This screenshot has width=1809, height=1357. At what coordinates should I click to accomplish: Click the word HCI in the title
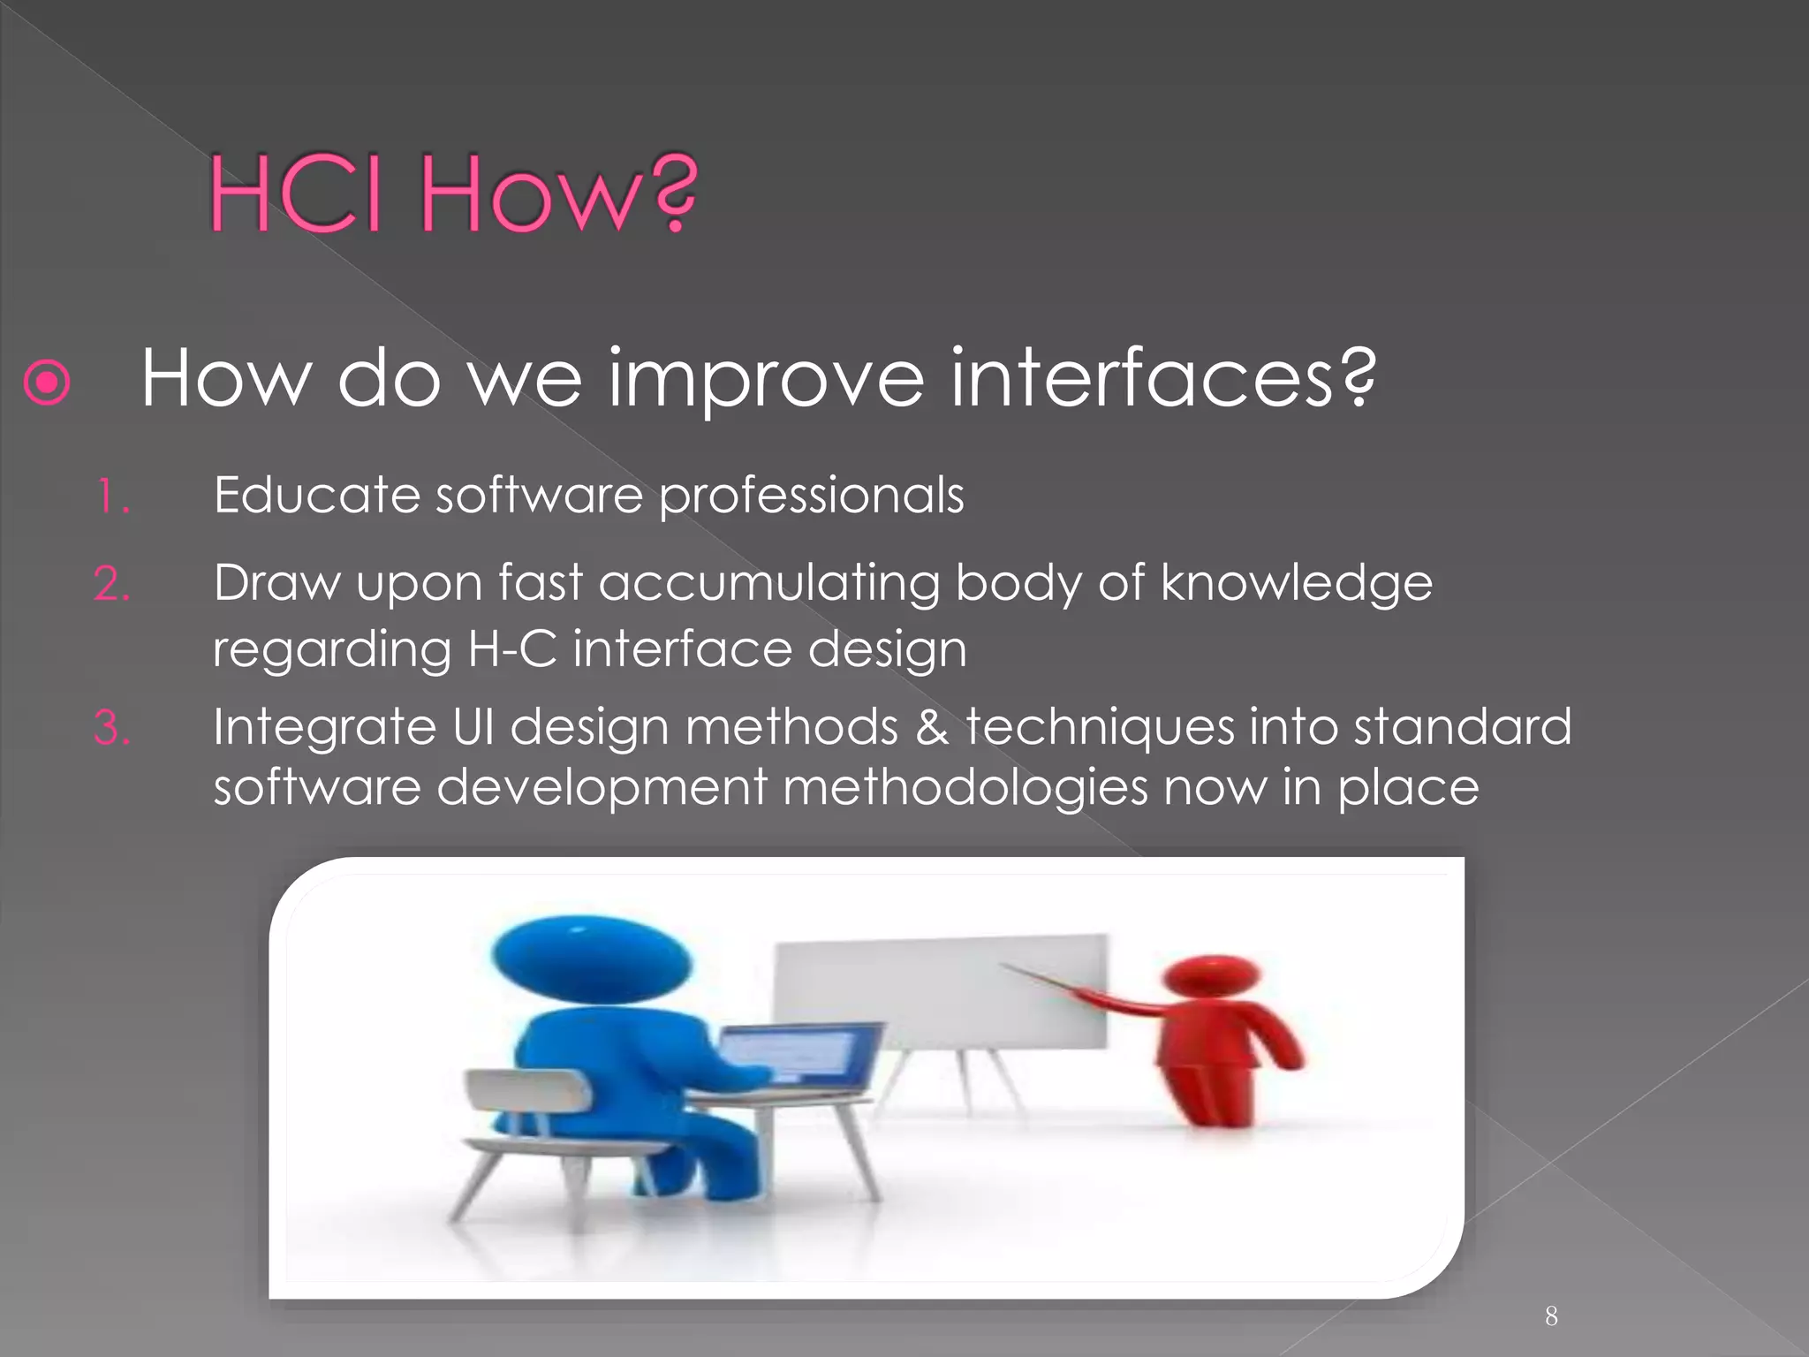click(x=295, y=194)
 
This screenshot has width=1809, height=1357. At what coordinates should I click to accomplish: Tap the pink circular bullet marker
click(x=47, y=383)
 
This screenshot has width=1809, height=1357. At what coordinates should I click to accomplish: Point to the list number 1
click(x=110, y=497)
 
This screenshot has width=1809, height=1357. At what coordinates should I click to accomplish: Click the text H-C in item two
click(x=512, y=649)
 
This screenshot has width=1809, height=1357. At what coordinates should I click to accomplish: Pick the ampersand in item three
click(x=932, y=728)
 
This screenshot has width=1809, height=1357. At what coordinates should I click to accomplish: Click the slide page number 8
click(x=1551, y=1316)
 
